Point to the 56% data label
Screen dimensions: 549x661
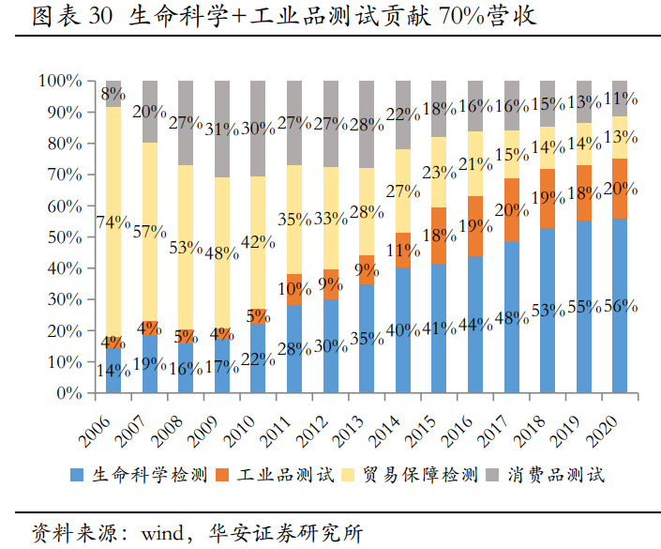point(620,306)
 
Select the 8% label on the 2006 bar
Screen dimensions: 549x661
point(113,94)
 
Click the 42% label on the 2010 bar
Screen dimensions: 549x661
point(259,242)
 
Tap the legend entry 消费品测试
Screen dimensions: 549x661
point(557,475)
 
